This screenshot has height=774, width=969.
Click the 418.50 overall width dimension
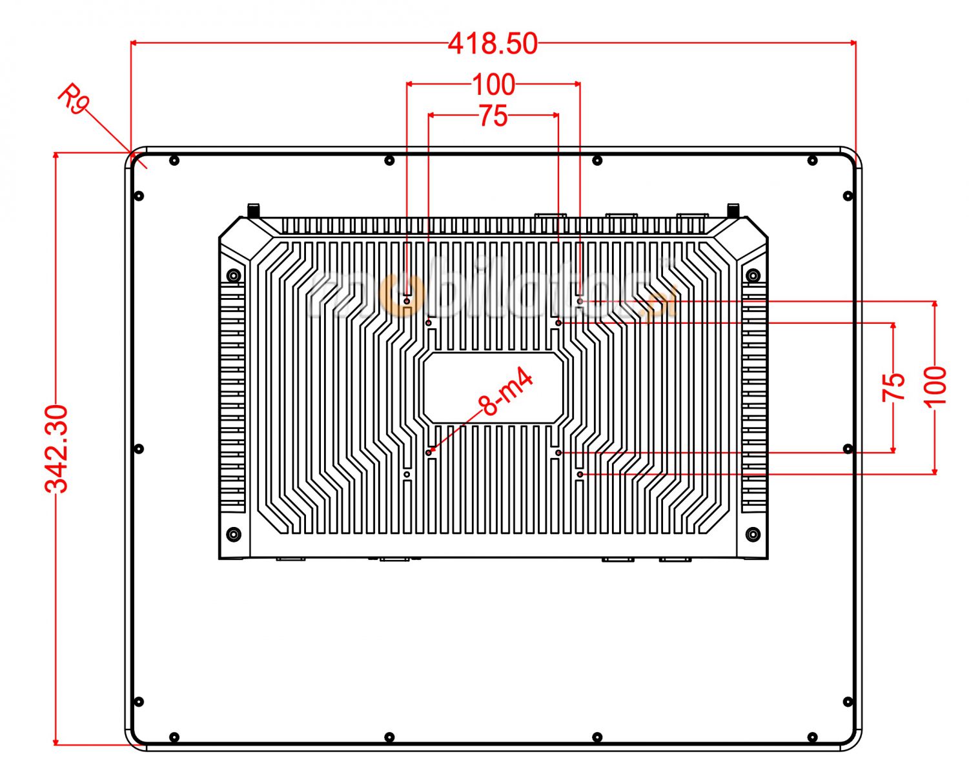[x=493, y=44]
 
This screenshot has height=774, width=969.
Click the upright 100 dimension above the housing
[x=494, y=84]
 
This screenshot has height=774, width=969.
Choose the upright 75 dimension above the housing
[x=493, y=117]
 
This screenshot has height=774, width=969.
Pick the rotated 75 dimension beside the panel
[x=893, y=387]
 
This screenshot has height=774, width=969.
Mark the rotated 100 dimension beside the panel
[x=935, y=386]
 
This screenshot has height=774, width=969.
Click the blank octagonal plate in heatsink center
[x=493, y=388]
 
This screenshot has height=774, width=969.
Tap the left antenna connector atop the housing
[x=254, y=210]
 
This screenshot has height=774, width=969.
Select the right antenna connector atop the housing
[x=733, y=210]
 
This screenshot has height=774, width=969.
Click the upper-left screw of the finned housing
[x=234, y=276]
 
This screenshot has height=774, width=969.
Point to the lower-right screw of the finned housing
[x=752, y=534]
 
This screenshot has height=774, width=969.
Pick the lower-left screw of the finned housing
[x=234, y=534]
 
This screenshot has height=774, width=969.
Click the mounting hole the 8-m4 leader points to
[x=429, y=452]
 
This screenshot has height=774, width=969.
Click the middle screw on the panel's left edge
[x=138, y=449]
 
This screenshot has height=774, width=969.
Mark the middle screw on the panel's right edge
[x=848, y=449]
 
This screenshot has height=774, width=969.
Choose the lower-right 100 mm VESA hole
[x=580, y=474]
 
